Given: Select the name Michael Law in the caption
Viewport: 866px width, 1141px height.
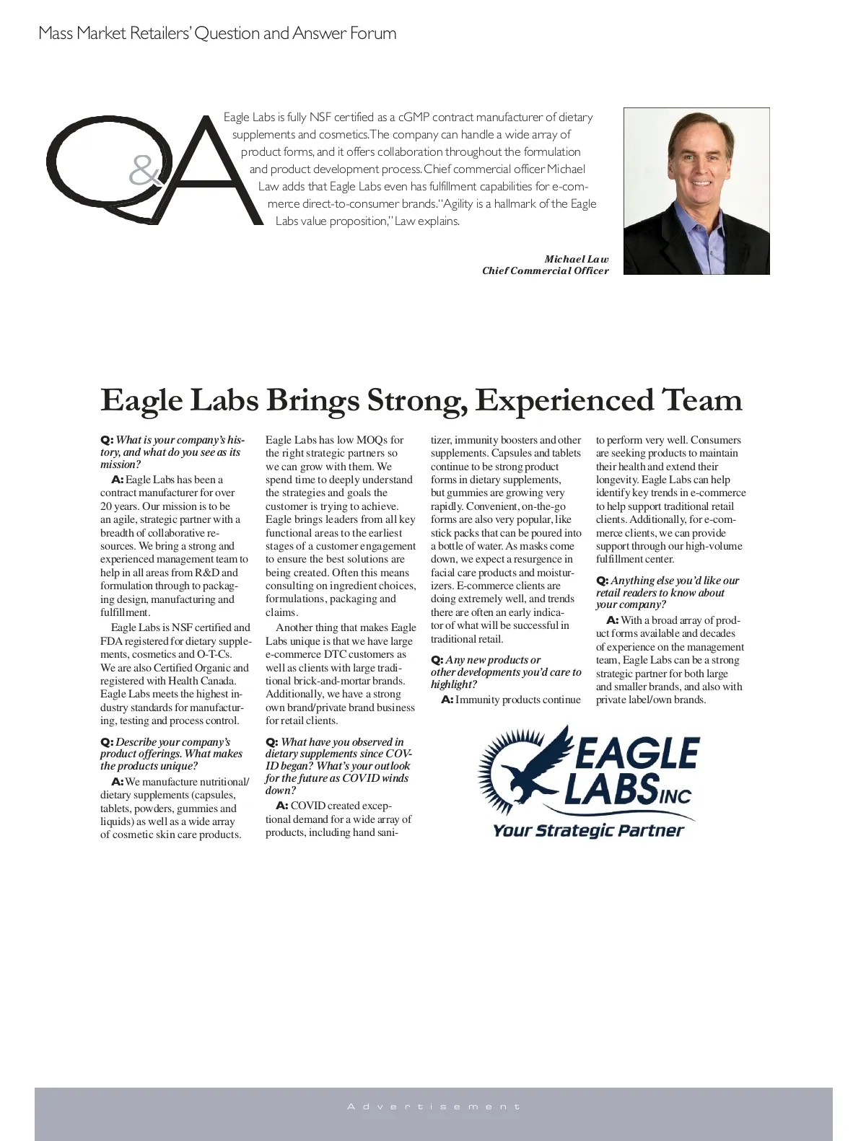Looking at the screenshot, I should pyautogui.click(x=576, y=259).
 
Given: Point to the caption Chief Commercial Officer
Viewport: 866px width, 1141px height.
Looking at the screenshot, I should pyautogui.click(x=545, y=270).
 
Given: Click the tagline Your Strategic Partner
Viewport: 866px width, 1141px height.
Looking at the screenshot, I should pyautogui.click(x=588, y=831).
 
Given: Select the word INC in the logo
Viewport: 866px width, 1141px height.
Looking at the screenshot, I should pyautogui.click(x=676, y=796).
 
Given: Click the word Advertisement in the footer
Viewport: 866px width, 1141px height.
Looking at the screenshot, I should pyautogui.click(x=433, y=1106).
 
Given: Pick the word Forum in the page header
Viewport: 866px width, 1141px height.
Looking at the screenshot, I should pyautogui.click(x=373, y=33).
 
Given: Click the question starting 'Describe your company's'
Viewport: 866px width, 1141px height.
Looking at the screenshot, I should pyautogui.click(x=171, y=754).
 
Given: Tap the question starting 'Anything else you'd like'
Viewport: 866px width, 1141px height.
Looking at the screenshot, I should pyautogui.click(x=667, y=592).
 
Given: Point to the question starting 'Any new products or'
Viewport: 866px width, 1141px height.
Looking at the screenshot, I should pyautogui.click(x=505, y=672).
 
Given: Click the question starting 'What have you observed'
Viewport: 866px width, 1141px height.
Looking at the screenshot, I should pyautogui.click(x=338, y=766).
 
